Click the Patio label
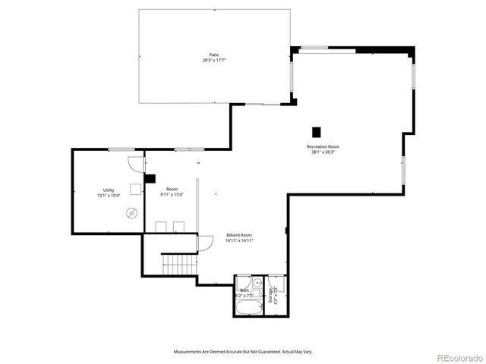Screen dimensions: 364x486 (215, 55)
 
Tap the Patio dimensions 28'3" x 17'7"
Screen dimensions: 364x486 (215, 60)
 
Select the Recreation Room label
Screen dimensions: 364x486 (323, 146)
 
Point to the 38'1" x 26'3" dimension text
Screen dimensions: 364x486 (323, 152)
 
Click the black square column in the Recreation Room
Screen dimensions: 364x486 (317, 131)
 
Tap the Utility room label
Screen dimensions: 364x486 (109, 190)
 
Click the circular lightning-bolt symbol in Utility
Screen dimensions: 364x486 (132, 213)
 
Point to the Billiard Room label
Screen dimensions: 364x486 (238, 235)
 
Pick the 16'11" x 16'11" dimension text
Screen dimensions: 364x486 (238, 240)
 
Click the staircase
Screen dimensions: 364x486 (180, 265)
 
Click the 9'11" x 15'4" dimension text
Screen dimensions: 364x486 (172, 195)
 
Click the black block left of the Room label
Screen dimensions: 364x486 (150, 179)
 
